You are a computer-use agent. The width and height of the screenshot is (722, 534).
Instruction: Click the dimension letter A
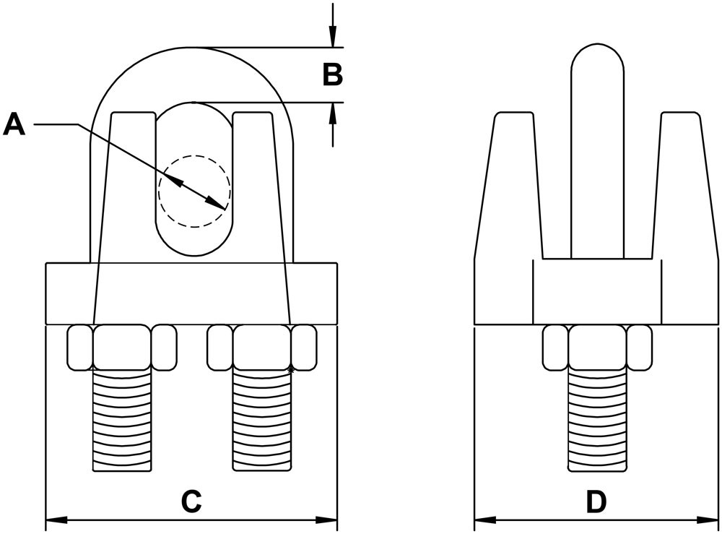click(14, 124)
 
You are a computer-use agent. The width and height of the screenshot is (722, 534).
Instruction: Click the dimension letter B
click(332, 74)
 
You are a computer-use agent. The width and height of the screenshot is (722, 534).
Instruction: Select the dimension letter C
click(191, 501)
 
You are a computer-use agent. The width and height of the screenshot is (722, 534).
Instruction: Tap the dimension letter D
click(596, 501)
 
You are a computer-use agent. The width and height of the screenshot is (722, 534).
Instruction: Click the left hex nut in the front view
click(122, 347)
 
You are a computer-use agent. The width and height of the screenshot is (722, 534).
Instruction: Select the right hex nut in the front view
click(262, 347)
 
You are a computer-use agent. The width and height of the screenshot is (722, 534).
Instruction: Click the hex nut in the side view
click(596, 347)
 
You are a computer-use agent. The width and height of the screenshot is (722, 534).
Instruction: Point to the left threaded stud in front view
click(122, 419)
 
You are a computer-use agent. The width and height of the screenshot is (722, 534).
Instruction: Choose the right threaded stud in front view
click(262, 419)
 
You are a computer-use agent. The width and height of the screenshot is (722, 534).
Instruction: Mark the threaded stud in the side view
click(596, 419)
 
